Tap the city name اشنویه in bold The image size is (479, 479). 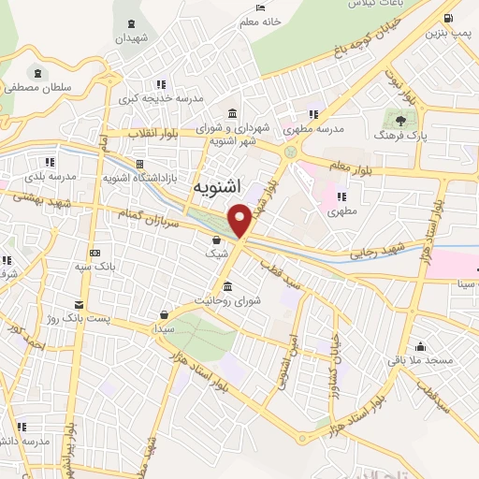pos(220,187)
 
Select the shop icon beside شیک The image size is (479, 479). pos(216,239)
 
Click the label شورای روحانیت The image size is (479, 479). pos(225,300)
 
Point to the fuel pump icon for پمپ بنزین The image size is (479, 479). pos(449,19)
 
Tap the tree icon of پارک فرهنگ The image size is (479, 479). pos(401,120)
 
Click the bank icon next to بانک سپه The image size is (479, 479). pos(94,254)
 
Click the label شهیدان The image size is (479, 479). pos(132,38)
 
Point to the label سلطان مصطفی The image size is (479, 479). pos(37,87)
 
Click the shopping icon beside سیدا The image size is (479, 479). pos(165,314)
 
